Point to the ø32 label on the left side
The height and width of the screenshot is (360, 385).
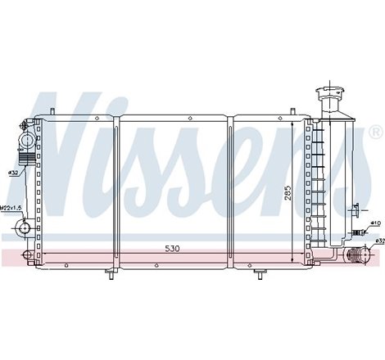click(x=13, y=173)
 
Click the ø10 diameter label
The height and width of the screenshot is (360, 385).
click(x=375, y=223)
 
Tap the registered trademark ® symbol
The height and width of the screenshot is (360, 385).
click(x=374, y=132)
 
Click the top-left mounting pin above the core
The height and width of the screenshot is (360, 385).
click(x=52, y=112)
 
